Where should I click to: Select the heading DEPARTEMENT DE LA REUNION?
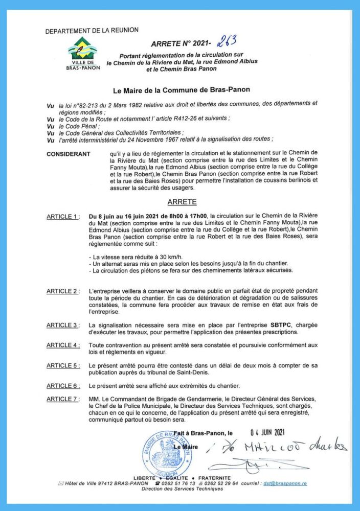click(x=92, y=31)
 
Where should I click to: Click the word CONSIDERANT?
click(x=68, y=154)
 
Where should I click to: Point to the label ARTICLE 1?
click(x=62, y=217)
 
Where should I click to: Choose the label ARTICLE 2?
click(x=62, y=291)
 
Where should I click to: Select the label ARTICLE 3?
click(x=62, y=325)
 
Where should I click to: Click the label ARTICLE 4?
click(x=62, y=345)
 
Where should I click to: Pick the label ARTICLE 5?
click(x=62, y=365)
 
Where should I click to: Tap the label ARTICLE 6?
click(x=62, y=385)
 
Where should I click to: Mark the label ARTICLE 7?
click(x=62, y=399)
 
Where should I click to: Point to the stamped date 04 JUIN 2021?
click(x=274, y=432)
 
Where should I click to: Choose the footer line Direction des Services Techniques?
click(x=182, y=489)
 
